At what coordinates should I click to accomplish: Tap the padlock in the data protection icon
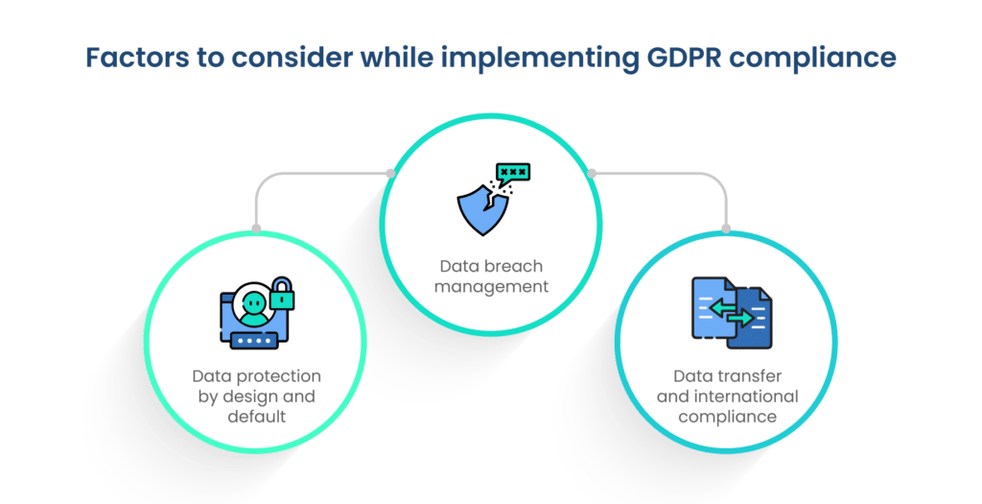(281, 294)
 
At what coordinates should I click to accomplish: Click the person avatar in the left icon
(253, 302)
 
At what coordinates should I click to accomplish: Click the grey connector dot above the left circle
(255, 228)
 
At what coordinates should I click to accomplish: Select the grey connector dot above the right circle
(726, 228)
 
